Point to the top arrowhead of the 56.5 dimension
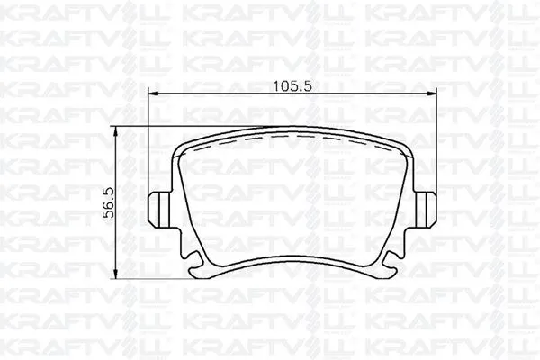click(115, 127)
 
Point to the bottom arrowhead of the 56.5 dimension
click(115, 274)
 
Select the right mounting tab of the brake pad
click(426, 209)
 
